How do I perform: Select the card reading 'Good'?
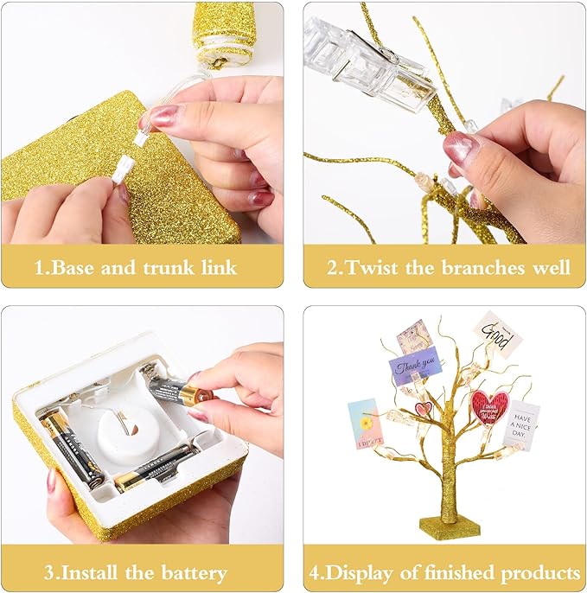(499, 333)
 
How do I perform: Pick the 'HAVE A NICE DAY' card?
(521, 425)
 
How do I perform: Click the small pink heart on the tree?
(422, 408)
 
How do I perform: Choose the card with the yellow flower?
(363, 424)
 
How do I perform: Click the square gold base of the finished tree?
(450, 526)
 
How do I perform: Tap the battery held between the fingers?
(179, 392)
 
